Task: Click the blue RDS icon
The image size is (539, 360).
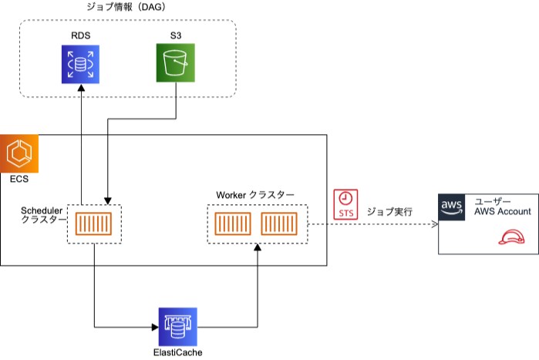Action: point(81,63)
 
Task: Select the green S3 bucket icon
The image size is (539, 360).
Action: point(177,63)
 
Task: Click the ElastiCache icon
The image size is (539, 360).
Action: point(177,326)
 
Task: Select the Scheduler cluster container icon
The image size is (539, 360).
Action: point(93,224)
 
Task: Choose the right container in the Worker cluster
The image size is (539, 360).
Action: point(279,224)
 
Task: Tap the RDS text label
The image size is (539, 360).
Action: point(80,35)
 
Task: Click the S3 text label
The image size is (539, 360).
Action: point(177,35)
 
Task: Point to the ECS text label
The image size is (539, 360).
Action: point(19,180)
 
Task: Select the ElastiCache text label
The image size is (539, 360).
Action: point(177,353)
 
